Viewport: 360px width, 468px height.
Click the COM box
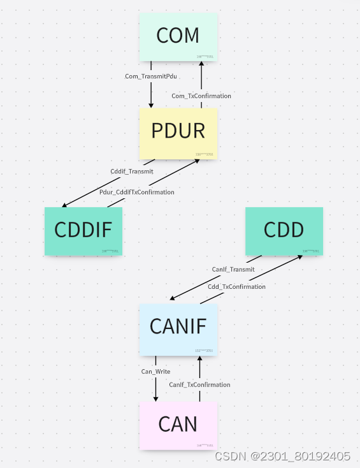178,37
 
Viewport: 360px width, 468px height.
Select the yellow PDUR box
178,133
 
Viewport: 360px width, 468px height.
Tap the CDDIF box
83,231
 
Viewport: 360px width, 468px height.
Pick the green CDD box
284,231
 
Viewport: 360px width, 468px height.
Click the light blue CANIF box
178,328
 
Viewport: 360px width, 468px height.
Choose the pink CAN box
178,425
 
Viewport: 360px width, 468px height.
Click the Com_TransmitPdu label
151,77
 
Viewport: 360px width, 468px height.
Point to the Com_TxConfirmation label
201,96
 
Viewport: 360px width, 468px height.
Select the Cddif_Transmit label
132,171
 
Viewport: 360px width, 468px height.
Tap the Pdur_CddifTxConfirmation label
136,192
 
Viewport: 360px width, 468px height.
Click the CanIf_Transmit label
233,269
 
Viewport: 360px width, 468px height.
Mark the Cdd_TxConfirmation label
236,287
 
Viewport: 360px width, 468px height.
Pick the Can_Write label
155,371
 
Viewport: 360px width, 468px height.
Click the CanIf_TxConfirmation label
199,384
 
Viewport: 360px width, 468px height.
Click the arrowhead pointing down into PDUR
151,104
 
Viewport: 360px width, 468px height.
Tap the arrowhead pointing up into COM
201,66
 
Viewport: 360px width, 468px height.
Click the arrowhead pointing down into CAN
155,399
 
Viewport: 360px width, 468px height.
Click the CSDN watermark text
282,457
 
